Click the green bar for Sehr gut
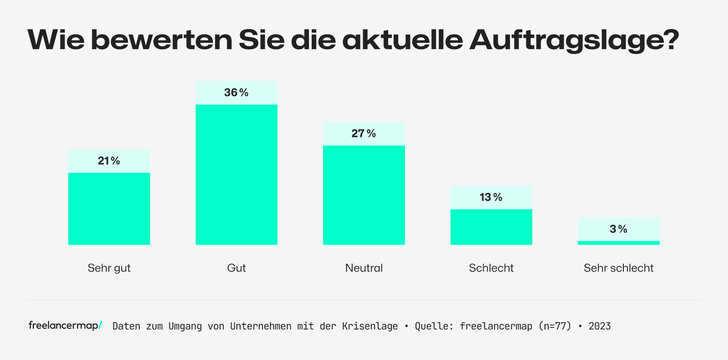109,208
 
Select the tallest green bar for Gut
237,174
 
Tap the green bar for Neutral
364,195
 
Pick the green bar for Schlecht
491,227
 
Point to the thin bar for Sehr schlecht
619,243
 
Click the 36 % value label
236,92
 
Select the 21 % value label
109,161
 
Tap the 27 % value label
364,133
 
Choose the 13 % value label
491,197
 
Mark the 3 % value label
618,229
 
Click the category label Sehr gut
109,268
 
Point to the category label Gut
237,268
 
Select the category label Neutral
364,268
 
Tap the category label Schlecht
491,268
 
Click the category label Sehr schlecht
619,268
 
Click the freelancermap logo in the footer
65,325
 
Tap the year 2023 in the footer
599,326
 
